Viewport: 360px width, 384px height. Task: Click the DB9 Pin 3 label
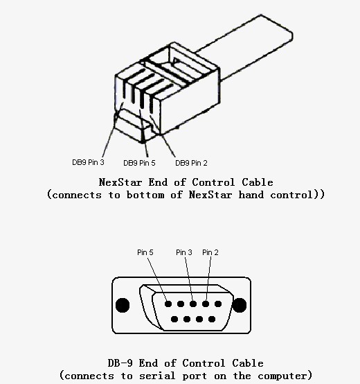coord(88,162)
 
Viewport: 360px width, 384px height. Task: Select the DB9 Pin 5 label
coord(139,163)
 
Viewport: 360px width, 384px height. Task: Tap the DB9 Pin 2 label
coord(191,163)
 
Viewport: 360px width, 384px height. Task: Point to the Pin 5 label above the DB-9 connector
coord(145,252)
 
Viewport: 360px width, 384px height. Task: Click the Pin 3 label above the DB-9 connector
coord(184,252)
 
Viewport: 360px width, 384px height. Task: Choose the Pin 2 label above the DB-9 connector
coord(210,252)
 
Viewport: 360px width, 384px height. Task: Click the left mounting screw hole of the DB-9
coord(123,305)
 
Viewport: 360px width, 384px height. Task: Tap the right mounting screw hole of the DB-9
coord(240,305)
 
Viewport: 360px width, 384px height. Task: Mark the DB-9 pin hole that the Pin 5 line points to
coord(168,304)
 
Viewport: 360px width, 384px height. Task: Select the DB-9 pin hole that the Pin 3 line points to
coord(193,304)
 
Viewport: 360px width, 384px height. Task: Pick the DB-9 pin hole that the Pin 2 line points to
coord(206,304)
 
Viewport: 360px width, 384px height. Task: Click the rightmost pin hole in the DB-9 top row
coord(218,304)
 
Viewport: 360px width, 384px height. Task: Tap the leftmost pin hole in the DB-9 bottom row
coord(174,319)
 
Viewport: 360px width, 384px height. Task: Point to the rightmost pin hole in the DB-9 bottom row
coord(212,319)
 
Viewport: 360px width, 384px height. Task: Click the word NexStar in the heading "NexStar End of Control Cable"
coord(120,182)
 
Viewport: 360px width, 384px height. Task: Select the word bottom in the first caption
coord(145,195)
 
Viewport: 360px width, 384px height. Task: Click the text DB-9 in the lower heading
coord(120,363)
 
